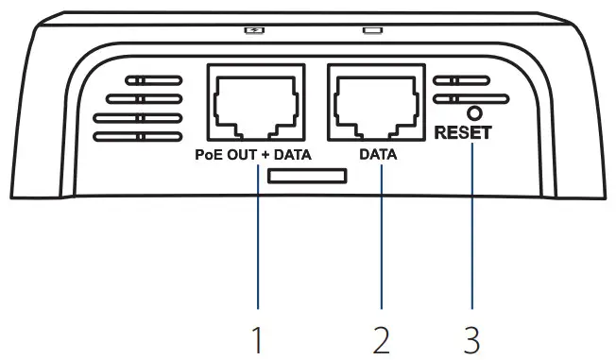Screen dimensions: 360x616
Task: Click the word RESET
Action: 463,133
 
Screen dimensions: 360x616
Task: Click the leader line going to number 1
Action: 257,236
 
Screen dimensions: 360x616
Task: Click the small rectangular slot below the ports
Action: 307,176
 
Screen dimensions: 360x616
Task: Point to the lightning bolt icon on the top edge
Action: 252,29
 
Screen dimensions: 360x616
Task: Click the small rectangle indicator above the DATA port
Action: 372,29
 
